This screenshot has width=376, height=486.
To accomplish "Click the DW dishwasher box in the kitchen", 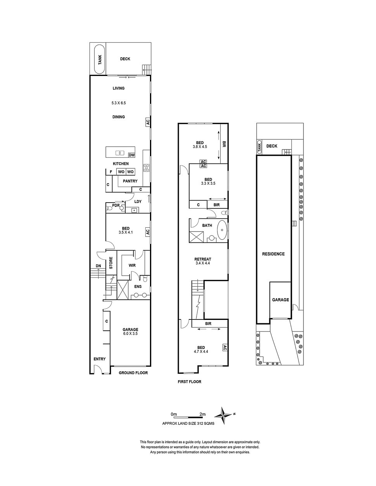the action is click(132, 155).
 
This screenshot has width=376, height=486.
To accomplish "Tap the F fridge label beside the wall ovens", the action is click(111, 172).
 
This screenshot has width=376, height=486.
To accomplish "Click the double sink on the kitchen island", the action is click(120, 153).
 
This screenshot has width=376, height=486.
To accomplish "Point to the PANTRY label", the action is click(130, 181).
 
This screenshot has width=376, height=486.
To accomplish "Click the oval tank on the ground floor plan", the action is click(100, 60).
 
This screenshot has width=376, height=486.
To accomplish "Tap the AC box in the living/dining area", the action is click(148, 122).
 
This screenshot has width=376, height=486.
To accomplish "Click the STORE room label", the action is click(111, 263).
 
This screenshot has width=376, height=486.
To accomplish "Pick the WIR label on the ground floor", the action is click(132, 266).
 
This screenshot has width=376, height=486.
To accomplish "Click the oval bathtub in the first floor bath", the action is click(222, 230).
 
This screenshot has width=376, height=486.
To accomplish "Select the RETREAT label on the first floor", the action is click(203, 259).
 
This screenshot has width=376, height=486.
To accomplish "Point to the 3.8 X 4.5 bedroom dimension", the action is click(200, 147).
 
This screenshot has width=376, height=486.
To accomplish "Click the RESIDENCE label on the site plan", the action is click(273, 254).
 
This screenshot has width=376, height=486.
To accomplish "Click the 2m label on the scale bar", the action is click(202, 414).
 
